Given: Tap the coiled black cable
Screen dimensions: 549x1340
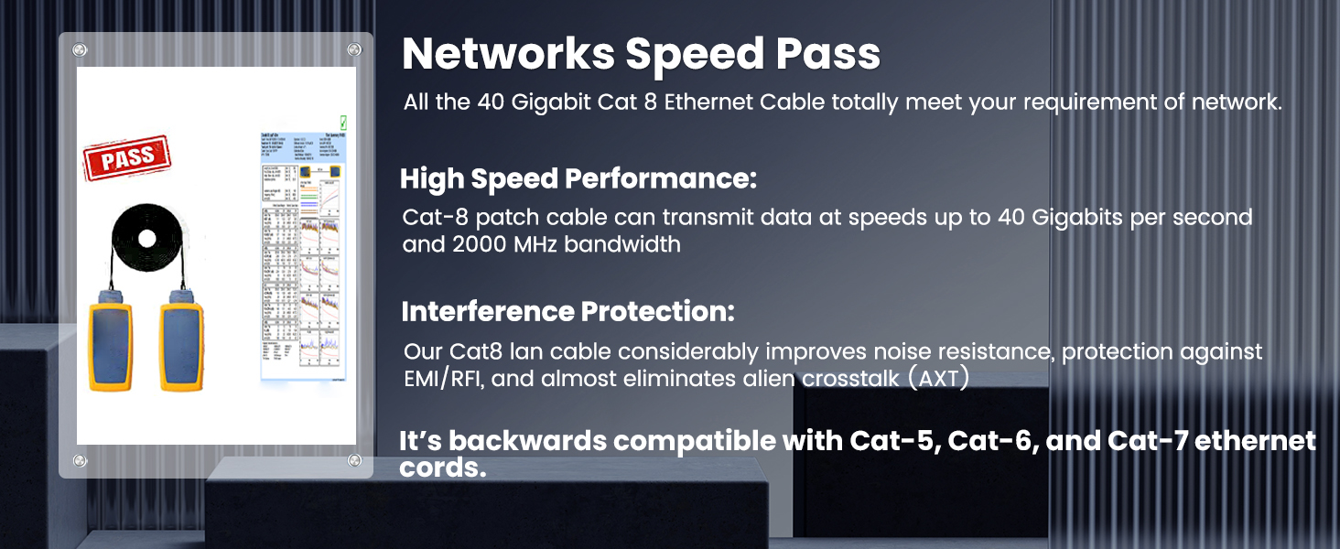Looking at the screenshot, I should pyautogui.click(x=146, y=240).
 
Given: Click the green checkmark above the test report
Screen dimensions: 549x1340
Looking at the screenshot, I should pyautogui.click(x=343, y=122).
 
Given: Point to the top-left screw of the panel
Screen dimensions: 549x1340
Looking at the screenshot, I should pyautogui.click(x=80, y=49).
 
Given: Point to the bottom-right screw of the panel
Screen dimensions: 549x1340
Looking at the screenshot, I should pyautogui.click(x=354, y=460).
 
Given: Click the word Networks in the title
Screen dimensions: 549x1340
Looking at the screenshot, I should pyautogui.click(x=507, y=55).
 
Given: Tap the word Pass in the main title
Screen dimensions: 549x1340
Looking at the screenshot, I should pyautogui.click(x=828, y=55).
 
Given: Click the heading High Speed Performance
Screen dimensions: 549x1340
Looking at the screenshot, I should pyautogui.click(x=578, y=179).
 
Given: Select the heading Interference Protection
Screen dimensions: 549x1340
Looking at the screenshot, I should pyautogui.click(x=567, y=312).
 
